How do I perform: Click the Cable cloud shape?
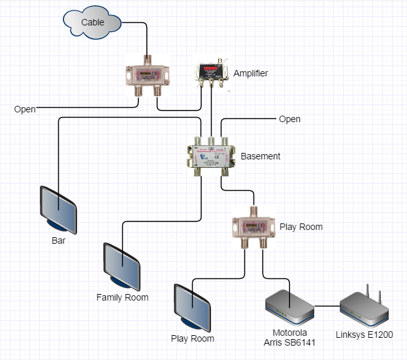(92, 22)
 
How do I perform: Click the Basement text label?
(260, 156)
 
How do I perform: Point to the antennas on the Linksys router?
(370, 291)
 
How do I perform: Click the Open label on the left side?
(25, 109)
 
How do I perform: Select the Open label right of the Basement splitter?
(289, 119)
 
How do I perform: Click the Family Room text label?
(122, 297)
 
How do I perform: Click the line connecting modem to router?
(327, 306)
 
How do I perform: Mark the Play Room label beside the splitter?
(301, 227)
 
